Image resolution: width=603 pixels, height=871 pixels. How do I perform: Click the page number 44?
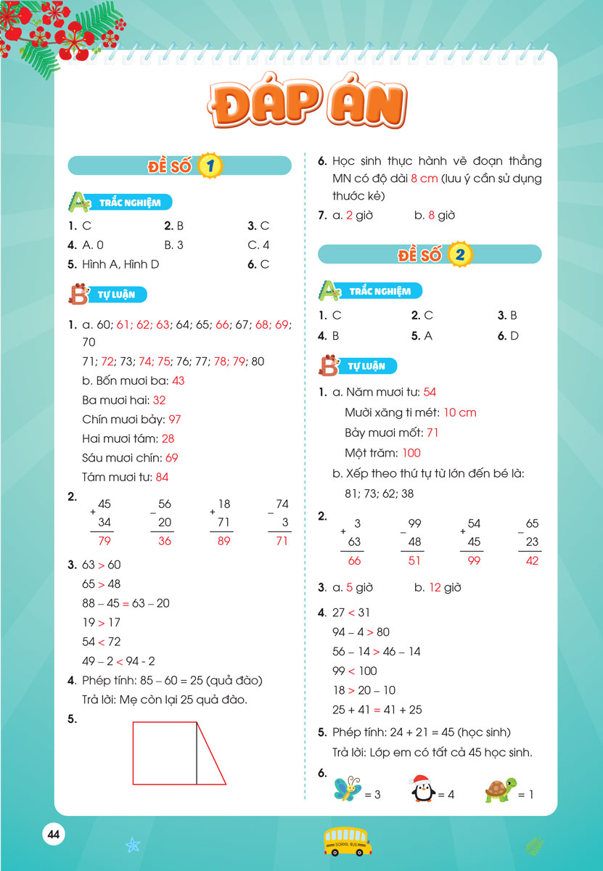(x=53, y=834)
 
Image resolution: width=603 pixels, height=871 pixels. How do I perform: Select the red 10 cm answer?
(x=459, y=412)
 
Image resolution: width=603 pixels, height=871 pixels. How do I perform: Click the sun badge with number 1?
(x=210, y=166)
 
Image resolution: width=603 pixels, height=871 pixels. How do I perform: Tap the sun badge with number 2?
(x=459, y=254)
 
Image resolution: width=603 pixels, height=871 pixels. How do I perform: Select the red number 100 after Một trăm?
(x=411, y=453)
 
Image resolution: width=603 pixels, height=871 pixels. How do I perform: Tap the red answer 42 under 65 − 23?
(x=532, y=560)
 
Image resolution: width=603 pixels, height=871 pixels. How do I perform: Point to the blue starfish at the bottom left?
(x=132, y=845)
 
